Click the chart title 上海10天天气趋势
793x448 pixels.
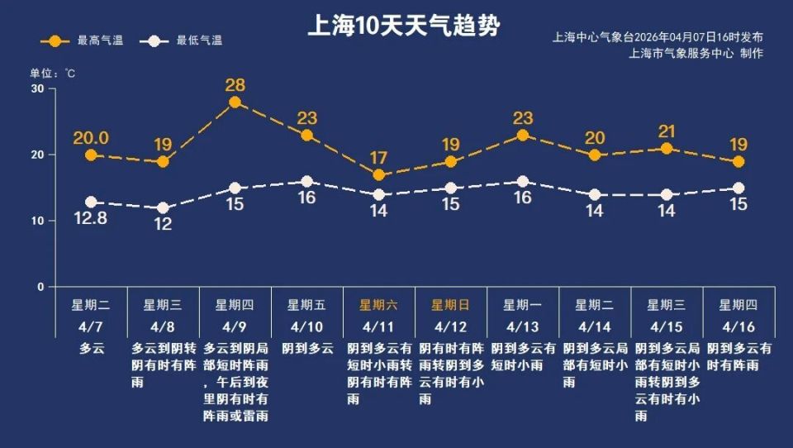(403, 26)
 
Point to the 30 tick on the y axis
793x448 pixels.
(37, 88)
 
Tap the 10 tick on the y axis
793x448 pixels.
(37, 221)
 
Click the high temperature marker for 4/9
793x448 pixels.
(235, 102)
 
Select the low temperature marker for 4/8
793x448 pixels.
(163, 208)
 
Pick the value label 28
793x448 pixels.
(235, 84)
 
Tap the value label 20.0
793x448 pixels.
(91, 138)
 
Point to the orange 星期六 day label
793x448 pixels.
(378, 304)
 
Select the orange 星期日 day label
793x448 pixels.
(450, 304)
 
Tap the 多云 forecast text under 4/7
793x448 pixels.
(92, 349)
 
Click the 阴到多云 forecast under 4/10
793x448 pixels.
(307, 349)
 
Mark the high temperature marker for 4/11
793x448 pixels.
(378, 175)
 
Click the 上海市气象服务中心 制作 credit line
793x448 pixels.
(696, 54)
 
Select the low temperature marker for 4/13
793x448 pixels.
(522, 182)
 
